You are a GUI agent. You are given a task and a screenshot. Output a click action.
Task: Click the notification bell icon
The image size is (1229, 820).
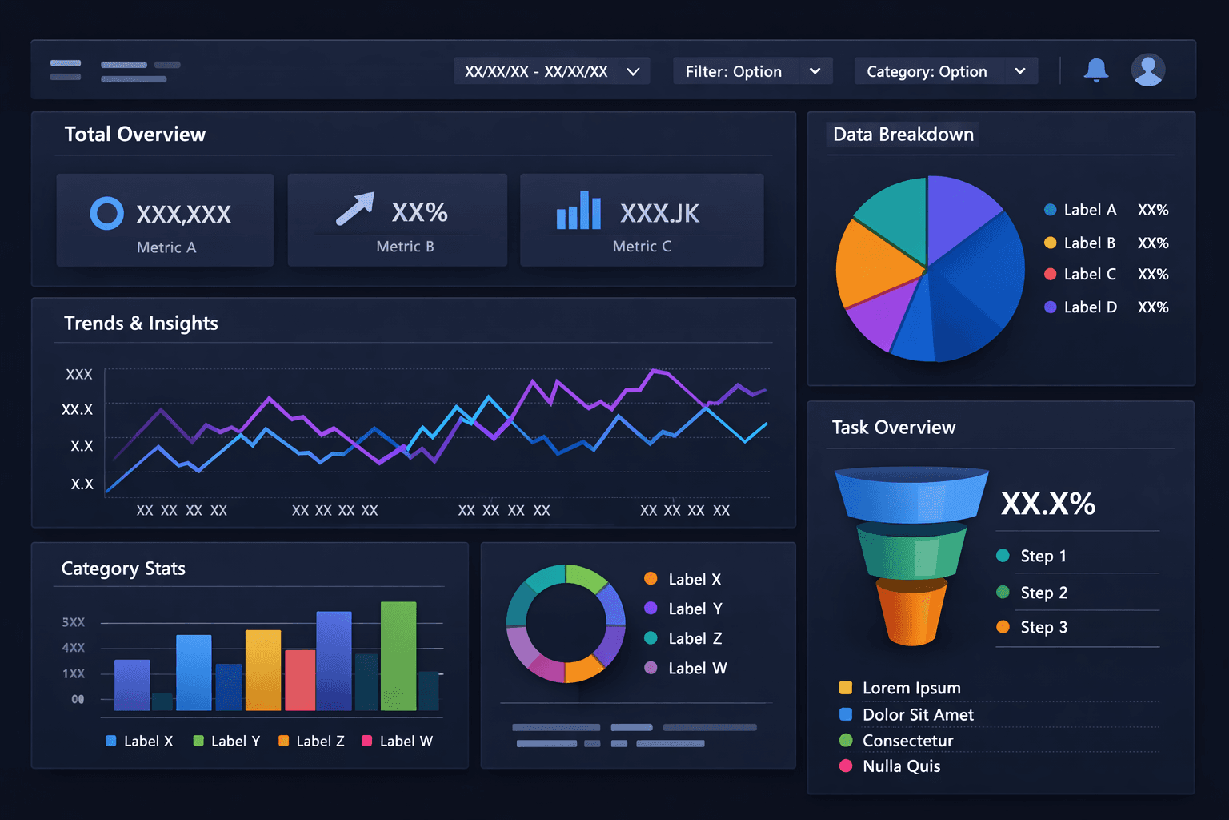pos(1096,70)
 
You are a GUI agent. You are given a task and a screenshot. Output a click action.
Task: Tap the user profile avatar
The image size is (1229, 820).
pos(1147,70)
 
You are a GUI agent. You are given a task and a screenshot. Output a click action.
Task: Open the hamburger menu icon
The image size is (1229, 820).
pos(66,70)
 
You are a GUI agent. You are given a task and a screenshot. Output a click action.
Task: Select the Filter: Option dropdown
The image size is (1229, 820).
pos(752,71)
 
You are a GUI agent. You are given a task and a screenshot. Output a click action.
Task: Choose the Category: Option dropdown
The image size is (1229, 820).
pos(946,71)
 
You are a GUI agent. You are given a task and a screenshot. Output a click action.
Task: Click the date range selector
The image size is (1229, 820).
pos(551,71)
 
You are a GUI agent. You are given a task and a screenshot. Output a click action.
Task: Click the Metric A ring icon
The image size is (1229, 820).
pos(107,213)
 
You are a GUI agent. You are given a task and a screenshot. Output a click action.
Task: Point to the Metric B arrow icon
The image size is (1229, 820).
pos(355,208)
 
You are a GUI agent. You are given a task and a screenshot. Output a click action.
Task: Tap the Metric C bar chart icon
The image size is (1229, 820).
pos(578,211)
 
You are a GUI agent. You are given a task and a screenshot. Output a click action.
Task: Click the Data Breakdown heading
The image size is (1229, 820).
pos(903,135)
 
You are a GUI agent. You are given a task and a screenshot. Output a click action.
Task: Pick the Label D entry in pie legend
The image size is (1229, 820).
pos(1088,307)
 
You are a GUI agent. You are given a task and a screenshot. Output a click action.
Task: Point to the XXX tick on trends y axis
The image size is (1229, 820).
pos(79,374)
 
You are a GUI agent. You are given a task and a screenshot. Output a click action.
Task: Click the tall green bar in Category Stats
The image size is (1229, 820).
pos(398,656)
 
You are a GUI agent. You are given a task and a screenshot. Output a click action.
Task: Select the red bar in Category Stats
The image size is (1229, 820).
pos(300,680)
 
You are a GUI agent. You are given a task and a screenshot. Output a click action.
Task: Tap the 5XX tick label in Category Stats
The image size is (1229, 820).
pos(73,622)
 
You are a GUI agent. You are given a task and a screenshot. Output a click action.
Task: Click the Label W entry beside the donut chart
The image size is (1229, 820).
pos(696,668)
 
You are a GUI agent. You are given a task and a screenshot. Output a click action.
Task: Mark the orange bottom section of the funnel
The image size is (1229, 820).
pos(911,612)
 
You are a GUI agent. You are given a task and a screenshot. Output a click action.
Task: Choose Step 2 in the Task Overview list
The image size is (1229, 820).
pos(1043,593)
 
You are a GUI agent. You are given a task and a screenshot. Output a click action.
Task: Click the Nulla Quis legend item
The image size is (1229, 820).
pos(900,766)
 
